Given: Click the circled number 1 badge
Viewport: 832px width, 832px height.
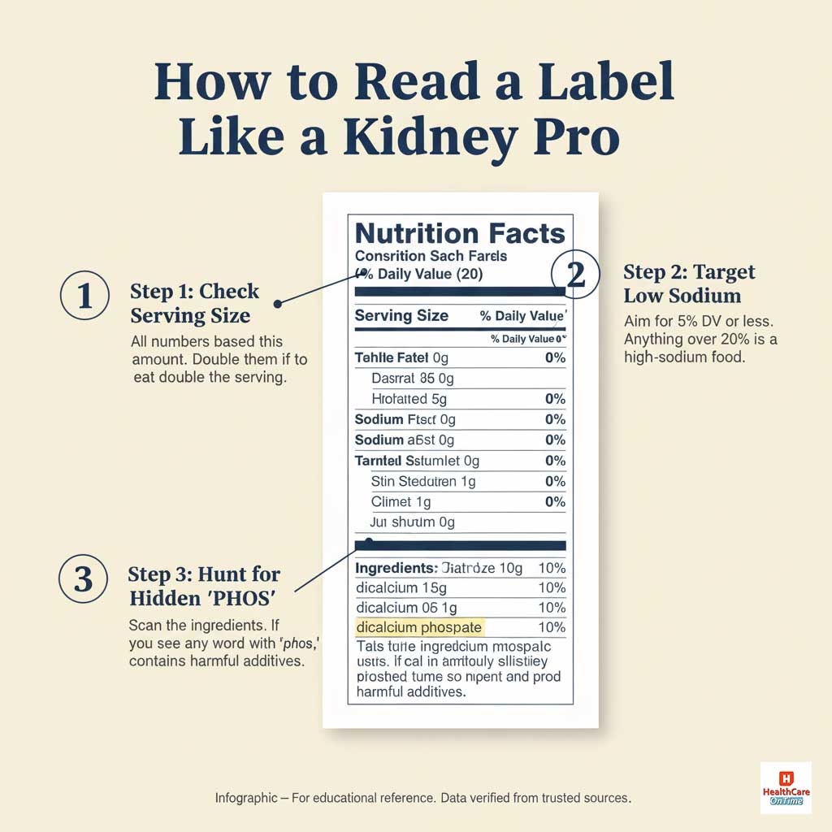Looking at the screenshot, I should point(84,298).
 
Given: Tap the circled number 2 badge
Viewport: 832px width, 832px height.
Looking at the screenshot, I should point(575,275).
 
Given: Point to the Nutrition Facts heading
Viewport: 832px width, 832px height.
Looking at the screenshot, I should point(460,234).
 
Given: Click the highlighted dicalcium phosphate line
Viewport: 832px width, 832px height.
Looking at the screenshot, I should point(419,627).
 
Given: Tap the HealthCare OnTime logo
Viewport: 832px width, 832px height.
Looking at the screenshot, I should point(785,787).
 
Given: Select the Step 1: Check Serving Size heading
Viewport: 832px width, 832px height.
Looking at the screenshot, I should point(195,303).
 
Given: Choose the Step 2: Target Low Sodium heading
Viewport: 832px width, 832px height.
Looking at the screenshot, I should point(689,283).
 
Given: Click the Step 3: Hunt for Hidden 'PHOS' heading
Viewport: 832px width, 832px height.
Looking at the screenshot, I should point(204,586).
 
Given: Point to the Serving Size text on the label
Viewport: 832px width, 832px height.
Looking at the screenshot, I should point(401,316).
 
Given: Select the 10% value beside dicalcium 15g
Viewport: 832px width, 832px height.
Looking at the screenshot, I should point(552,587).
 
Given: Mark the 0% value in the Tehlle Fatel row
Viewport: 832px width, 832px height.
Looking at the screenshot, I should point(556,357).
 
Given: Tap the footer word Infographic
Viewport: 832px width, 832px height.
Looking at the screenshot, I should point(244,798).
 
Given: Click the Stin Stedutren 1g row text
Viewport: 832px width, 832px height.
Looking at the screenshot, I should point(423,482).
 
